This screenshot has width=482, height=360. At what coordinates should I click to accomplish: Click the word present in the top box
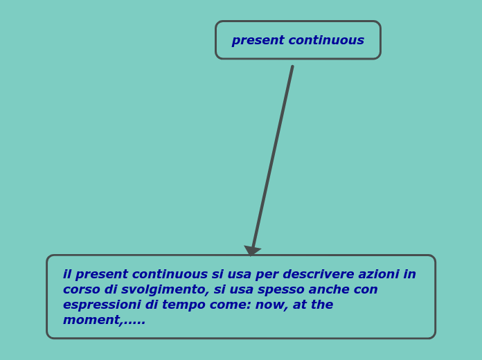coord(258,41)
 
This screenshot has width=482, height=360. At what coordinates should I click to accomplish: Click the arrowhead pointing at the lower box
coord(252,250)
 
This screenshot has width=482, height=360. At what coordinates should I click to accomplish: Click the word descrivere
coord(321,275)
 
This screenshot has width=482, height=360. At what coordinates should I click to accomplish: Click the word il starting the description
coord(67,275)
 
